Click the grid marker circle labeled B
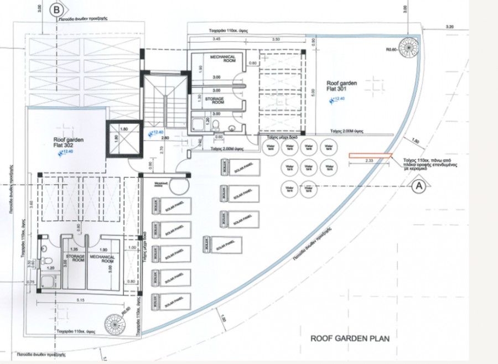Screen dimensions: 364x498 click(56, 9)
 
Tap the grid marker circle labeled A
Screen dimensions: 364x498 click(419, 186)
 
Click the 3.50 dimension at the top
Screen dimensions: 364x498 click(277, 39)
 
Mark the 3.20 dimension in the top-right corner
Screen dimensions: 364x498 click(449, 27)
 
